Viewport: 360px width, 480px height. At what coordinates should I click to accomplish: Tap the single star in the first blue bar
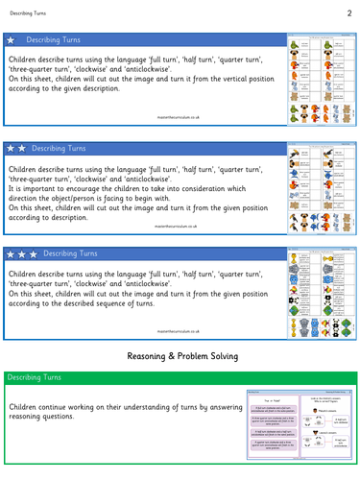point(11,41)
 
